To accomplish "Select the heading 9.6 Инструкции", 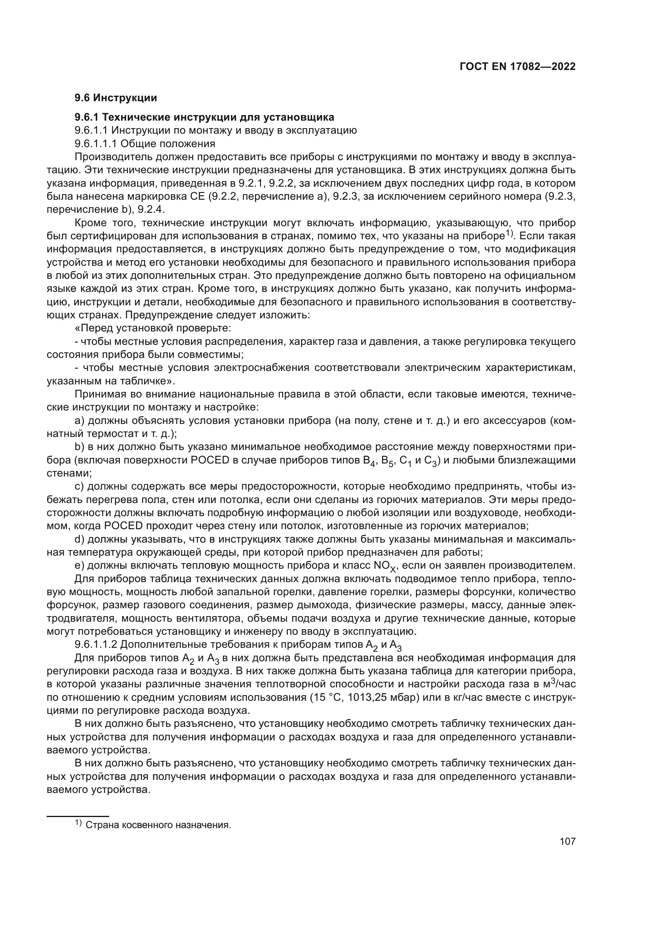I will pyautogui.click(x=115, y=98).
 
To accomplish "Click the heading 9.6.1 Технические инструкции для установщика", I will pyautogui.click(x=204, y=117).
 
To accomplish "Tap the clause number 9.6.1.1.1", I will pyautogui.click(x=95, y=144).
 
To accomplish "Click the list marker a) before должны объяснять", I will pyautogui.click(x=79, y=421).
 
